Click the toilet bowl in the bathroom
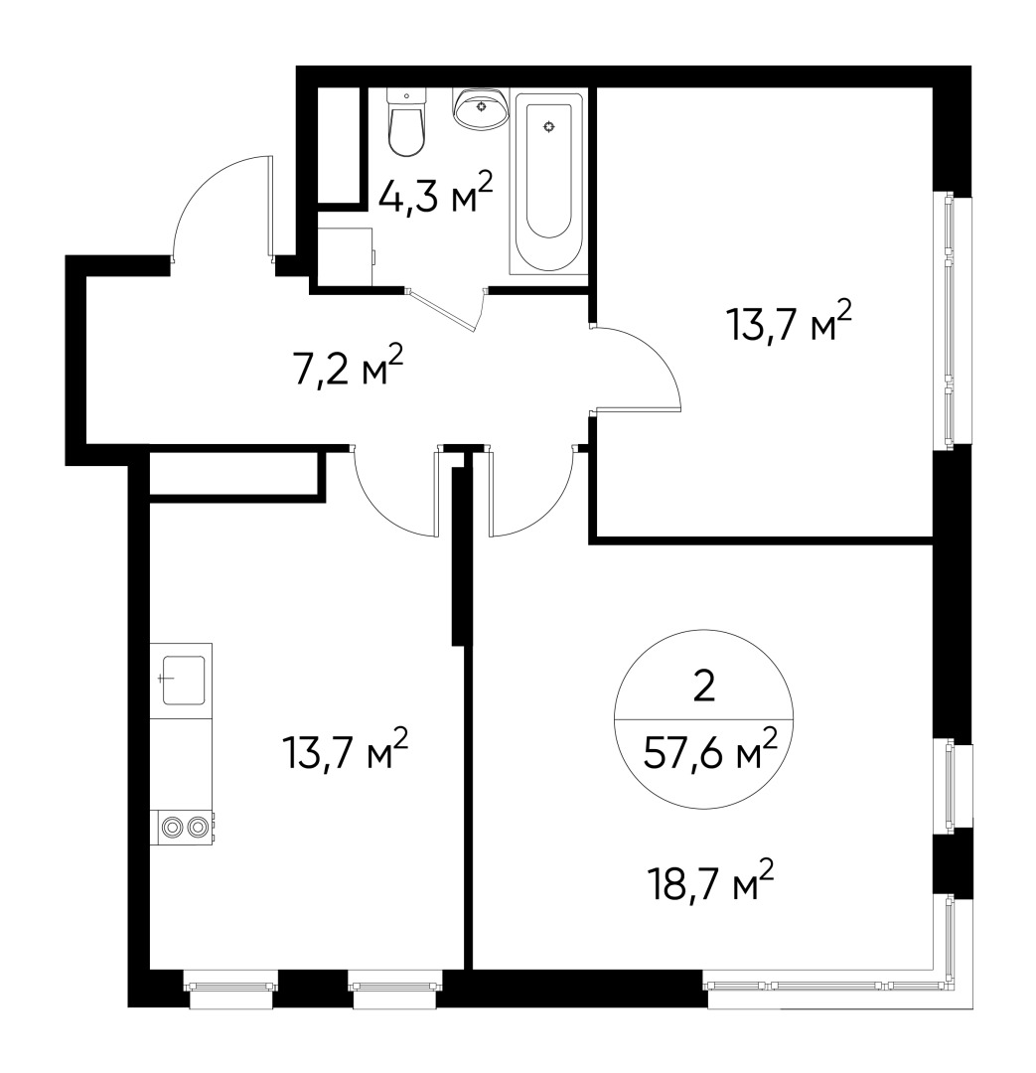[406, 134]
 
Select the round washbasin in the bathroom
[483, 107]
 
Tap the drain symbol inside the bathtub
[548, 127]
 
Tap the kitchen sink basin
[184, 680]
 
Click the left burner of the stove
[174, 827]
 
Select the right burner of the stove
[199, 827]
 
